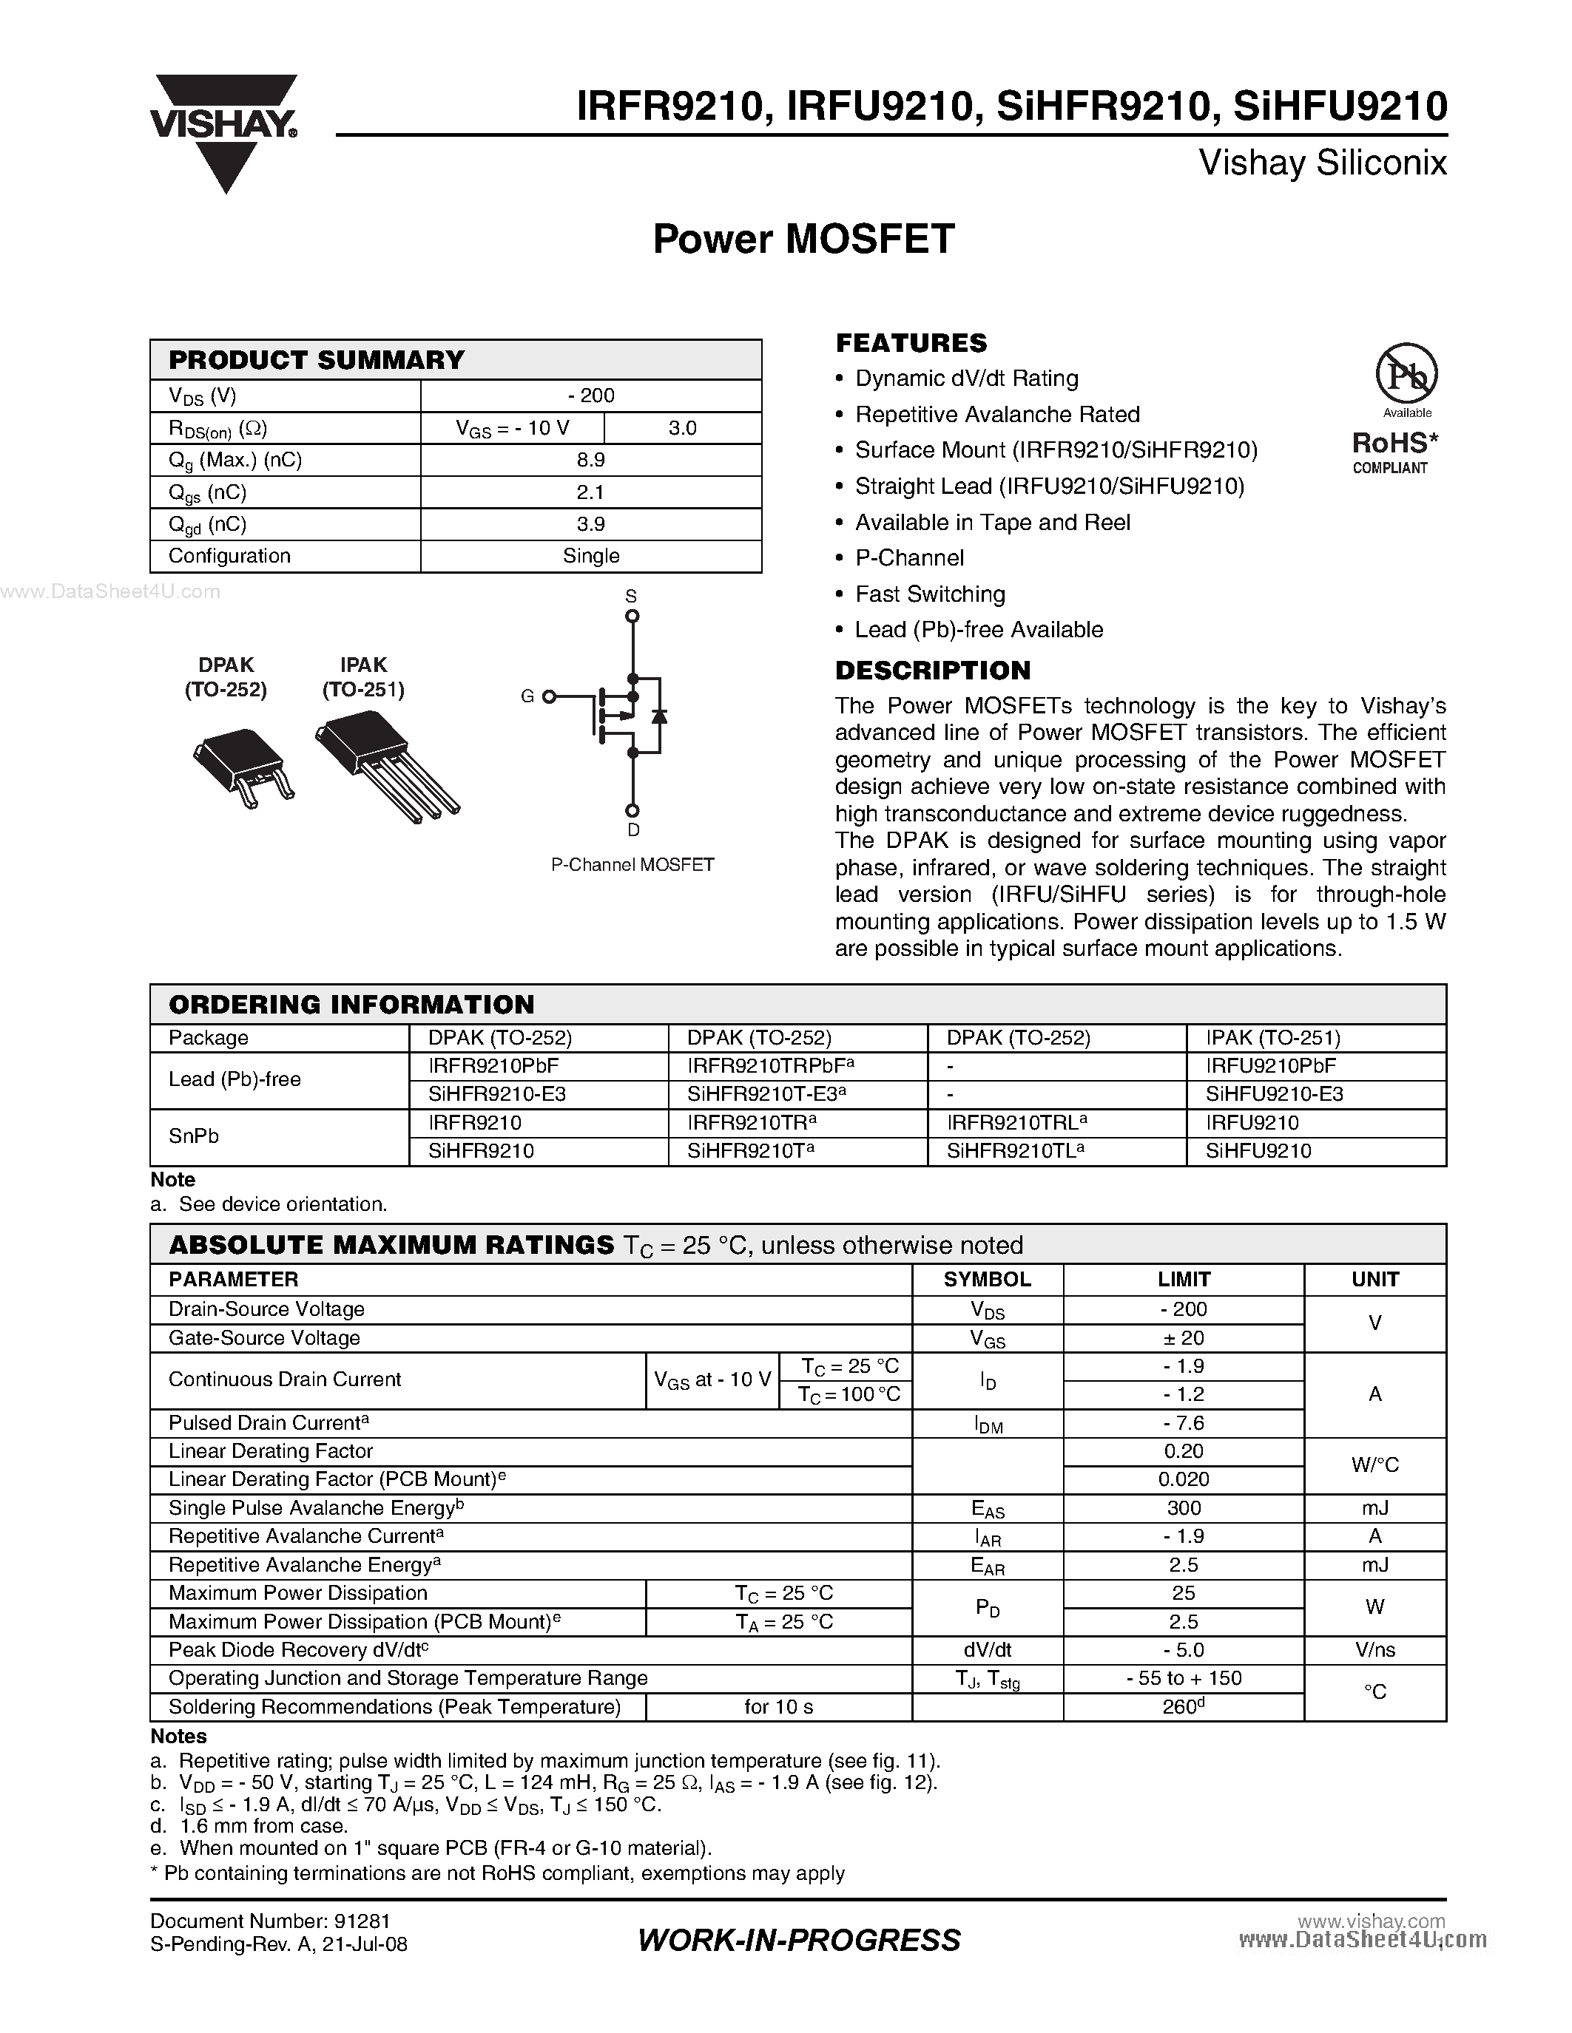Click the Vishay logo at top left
pyautogui.click(x=223, y=130)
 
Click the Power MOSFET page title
pyautogui.click(x=803, y=240)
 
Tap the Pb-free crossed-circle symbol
pyautogui.click(x=1406, y=374)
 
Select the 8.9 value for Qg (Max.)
pyautogui.click(x=590, y=460)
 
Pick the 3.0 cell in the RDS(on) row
pyautogui.click(x=682, y=428)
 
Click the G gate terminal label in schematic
pyautogui.click(x=527, y=696)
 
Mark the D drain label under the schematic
pyautogui.click(x=633, y=830)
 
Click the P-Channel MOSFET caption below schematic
pyautogui.click(x=632, y=865)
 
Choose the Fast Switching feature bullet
pyautogui.click(x=929, y=594)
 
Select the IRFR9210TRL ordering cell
pyautogui.click(x=1015, y=1123)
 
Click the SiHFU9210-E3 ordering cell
pyautogui.click(x=1274, y=1094)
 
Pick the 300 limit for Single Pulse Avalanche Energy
pyautogui.click(x=1183, y=1508)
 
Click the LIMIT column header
pyautogui.click(x=1183, y=1279)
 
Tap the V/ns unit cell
pyautogui.click(x=1374, y=1650)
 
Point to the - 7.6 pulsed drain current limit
pyautogui.click(x=1183, y=1423)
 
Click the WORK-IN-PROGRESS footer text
pyautogui.click(x=799, y=1940)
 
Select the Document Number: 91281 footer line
pyautogui.click(x=270, y=1921)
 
